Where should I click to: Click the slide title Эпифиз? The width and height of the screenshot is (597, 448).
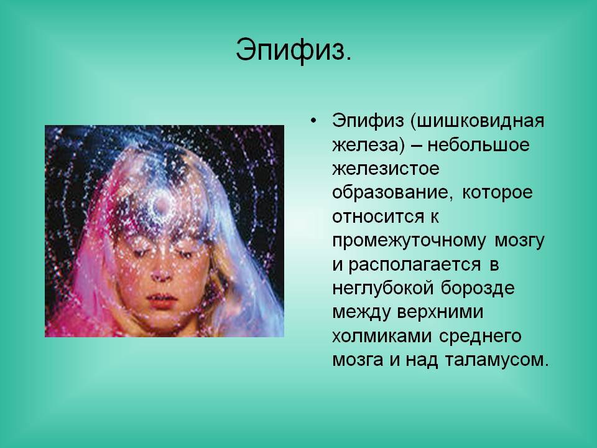coord(294,50)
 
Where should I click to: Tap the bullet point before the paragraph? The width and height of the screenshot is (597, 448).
coord(313,121)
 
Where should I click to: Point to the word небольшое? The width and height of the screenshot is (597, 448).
coord(478,145)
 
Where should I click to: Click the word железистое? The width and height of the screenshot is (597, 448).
coord(386,169)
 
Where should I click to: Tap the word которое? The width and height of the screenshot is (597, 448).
coord(497,193)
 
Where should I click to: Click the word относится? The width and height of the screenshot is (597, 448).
coord(378,217)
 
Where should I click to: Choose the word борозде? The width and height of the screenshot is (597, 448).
coord(478,288)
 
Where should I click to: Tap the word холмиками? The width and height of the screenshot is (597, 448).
coord(382,337)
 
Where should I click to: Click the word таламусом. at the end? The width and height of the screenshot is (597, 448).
coord(496,360)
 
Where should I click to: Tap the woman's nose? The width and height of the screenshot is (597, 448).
coord(160,273)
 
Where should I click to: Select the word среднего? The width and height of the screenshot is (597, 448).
coord(480,337)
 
